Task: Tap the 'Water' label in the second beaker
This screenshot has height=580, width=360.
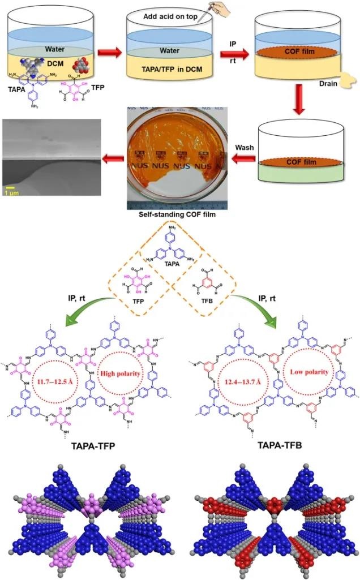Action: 169,50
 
